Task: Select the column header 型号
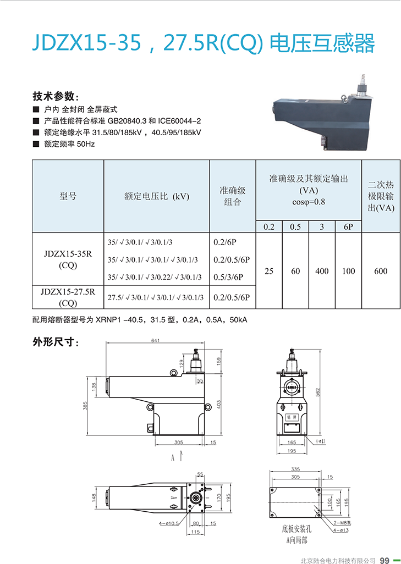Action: (x=68, y=196)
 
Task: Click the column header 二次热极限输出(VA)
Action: (x=381, y=196)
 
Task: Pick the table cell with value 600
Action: (x=381, y=271)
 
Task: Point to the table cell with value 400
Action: (x=322, y=271)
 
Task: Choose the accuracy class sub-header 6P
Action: (x=348, y=226)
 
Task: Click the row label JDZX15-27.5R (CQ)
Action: (x=68, y=297)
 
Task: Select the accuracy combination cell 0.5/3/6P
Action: (x=232, y=277)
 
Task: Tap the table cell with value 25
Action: (x=269, y=271)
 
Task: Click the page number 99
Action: (x=384, y=560)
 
